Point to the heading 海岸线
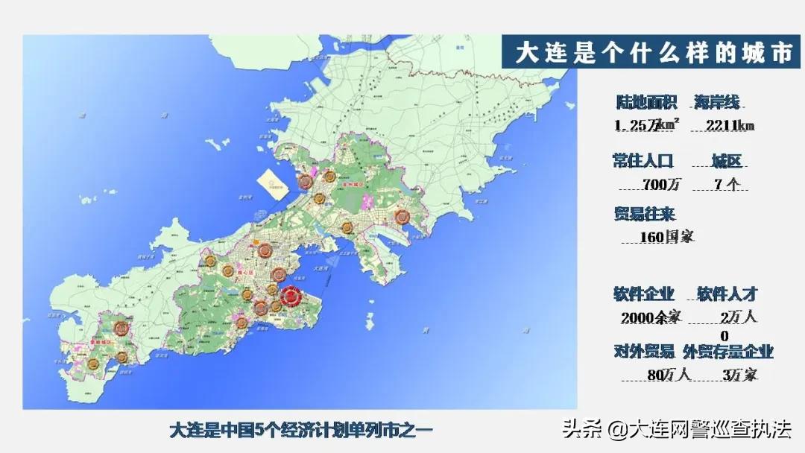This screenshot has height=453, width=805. point(717,103)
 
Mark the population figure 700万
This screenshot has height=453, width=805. point(657,184)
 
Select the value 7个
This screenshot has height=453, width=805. point(725,184)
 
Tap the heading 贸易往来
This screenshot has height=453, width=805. point(644,215)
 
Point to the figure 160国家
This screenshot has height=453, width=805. point(667,237)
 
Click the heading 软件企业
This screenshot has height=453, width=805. point(644,294)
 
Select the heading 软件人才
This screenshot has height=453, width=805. point(727,294)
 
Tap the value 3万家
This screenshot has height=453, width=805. point(739,375)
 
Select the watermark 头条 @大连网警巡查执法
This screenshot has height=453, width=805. point(676,430)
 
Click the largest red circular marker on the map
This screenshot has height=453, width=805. point(290,296)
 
